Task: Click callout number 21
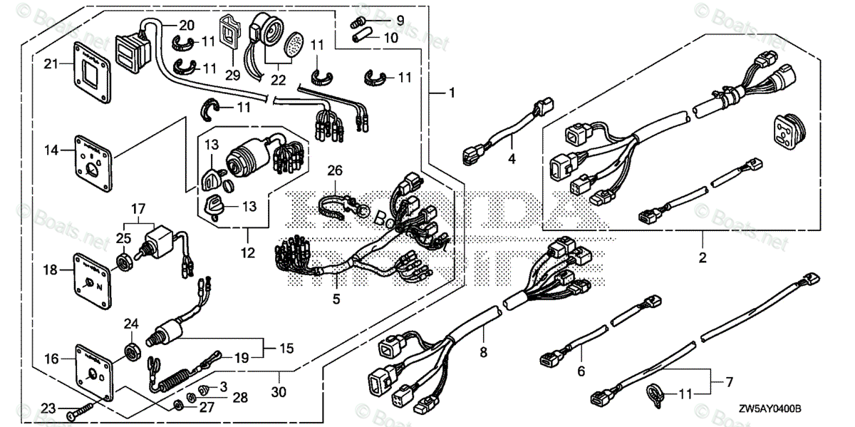click(51, 65)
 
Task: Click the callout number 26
click(335, 170)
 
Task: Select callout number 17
click(138, 210)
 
